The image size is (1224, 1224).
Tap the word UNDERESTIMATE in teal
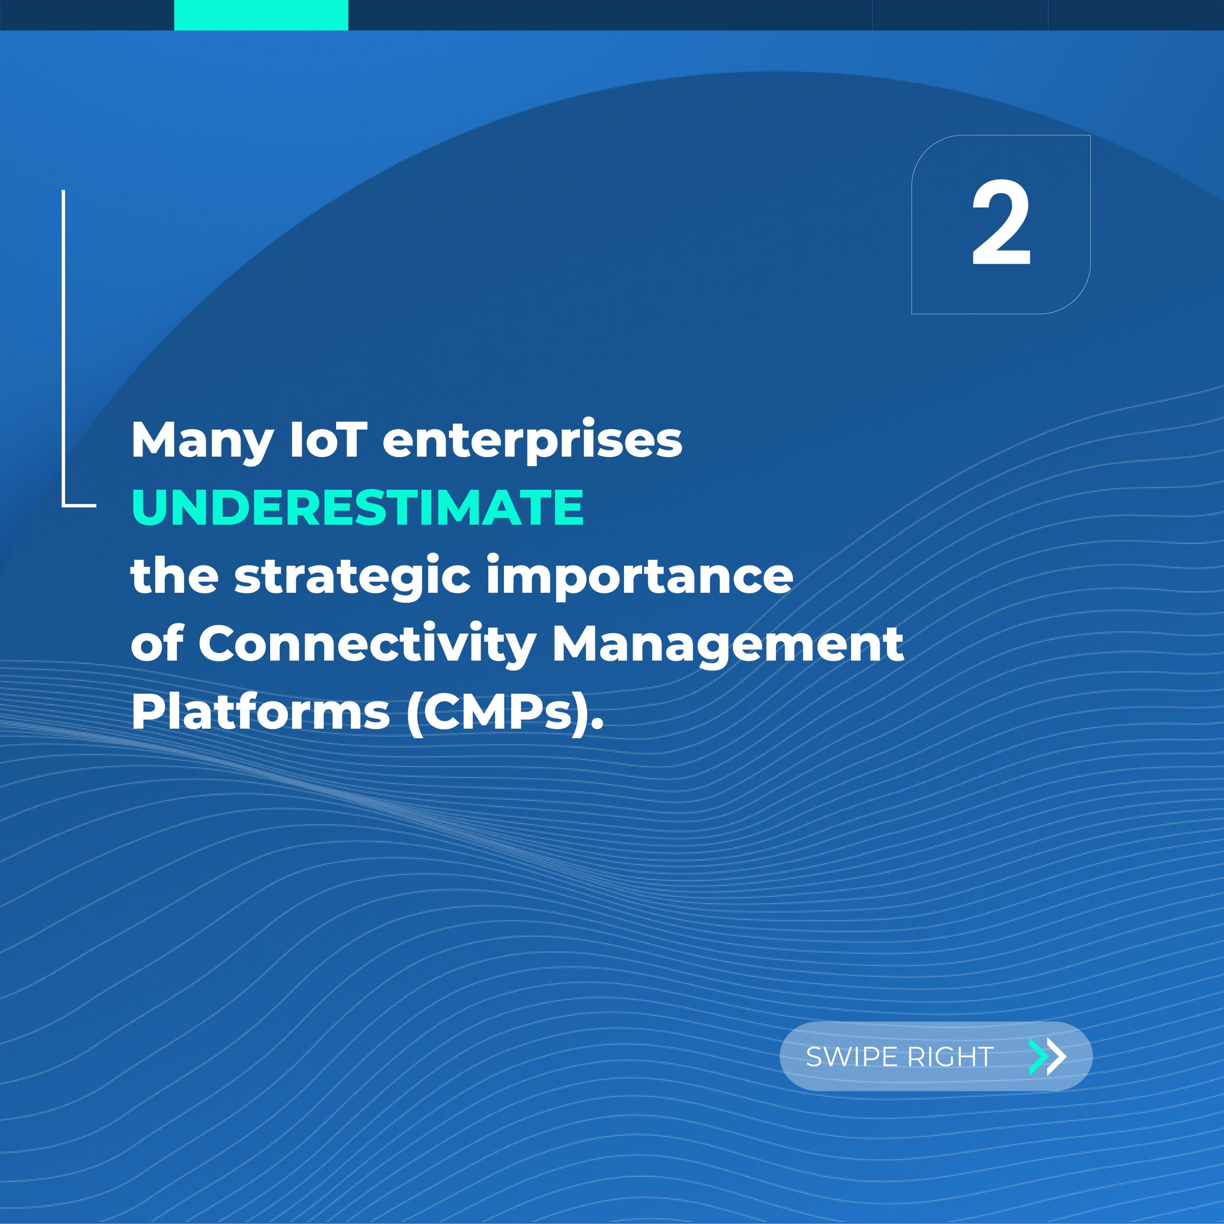[x=357, y=507]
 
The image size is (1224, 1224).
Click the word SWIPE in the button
[x=851, y=1056]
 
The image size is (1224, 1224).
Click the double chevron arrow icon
[x=1047, y=1057]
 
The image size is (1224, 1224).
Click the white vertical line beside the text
[x=64, y=347]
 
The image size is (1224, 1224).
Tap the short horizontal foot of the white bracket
[x=79, y=505]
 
